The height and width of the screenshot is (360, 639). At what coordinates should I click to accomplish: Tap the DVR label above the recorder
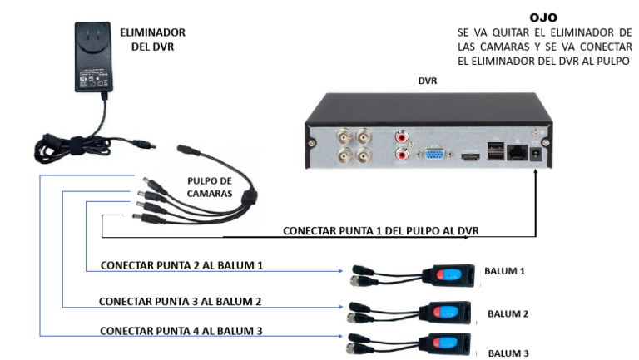pyautogui.click(x=427, y=81)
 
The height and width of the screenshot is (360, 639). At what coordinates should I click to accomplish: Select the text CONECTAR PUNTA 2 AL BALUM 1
pyautogui.click(x=181, y=265)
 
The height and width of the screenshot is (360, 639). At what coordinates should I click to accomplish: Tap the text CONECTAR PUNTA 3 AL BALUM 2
pyautogui.click(x=181, y=300)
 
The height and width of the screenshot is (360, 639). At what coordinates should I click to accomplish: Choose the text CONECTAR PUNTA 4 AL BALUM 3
pyautogui.click(x=181, y=330)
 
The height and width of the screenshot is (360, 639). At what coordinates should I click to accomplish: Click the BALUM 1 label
pyautogui.click(x=505, y=271)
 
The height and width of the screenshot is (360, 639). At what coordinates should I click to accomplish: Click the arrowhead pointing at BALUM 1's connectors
pyautogui.click(x=343, y=270)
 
